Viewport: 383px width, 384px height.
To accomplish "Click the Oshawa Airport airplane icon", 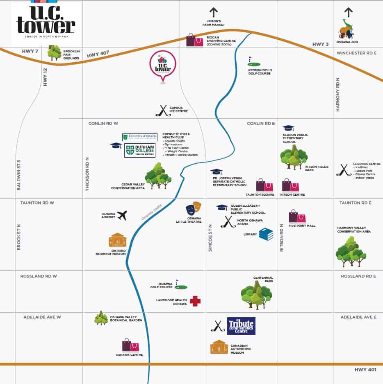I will tap(122, 215).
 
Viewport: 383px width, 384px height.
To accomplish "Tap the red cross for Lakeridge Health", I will tap(195, 301).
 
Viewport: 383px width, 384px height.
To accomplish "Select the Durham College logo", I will tap(140, 151).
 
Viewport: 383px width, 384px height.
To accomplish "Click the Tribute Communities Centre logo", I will tap(242, 326).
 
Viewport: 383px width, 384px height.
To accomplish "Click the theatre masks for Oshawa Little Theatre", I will tap(193, 208).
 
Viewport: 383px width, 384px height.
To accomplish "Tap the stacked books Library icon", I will tap(266, 234).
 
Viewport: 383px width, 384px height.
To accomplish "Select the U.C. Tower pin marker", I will tap(163, 66).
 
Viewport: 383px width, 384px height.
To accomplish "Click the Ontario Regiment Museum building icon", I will tap(117, 240).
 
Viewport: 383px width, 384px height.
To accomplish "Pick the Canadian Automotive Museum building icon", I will tap(219, 347).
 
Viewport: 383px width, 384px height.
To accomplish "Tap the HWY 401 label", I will tap(365, 370).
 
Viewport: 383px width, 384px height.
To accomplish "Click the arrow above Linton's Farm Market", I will tap(214, 12).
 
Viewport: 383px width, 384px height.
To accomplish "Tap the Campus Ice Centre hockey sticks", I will tap(162, 111).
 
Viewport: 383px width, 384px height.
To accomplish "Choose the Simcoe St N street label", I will tap(210, 238).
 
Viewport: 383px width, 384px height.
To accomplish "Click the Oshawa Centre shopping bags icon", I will tap(130, 345).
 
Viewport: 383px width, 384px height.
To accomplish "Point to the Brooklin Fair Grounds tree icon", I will tap(55, 52).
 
